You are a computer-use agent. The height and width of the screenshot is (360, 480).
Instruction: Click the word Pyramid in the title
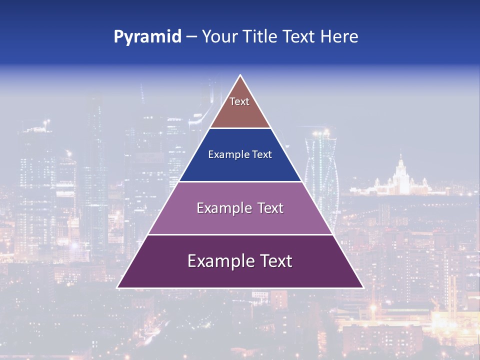coord(147,37)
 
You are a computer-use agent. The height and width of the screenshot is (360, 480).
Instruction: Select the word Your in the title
coord(220,36)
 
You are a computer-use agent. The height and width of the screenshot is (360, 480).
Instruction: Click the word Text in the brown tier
coord(239,101)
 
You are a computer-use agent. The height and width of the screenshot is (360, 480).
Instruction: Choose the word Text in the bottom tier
coord(274,261)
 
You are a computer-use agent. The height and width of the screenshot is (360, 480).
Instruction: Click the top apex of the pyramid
coord(240,75)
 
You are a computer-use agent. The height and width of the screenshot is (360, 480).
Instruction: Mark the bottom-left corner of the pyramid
coord(117,287)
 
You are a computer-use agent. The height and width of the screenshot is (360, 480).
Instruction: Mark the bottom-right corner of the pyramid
coord(363,287)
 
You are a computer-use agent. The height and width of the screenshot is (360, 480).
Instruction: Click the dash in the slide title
coord(191,37)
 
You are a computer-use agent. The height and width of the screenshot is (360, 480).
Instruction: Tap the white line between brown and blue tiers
coord(240,128)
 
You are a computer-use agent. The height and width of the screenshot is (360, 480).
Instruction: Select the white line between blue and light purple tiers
coord(240,181)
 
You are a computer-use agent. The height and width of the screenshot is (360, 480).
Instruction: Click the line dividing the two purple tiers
coord(240,234)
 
